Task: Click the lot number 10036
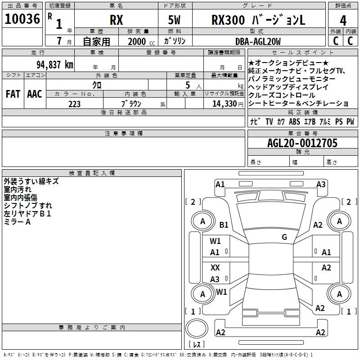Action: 22,19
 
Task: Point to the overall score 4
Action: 343,20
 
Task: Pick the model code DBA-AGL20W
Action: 258,41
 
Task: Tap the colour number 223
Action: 74,104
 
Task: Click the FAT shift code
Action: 13,94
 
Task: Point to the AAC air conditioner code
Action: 34,94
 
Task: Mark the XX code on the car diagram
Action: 215,267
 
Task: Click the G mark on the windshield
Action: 284,237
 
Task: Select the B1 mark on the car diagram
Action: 224,225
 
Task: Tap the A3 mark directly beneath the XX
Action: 215,279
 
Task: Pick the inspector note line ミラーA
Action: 17,222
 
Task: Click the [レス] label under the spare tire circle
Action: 196,345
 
